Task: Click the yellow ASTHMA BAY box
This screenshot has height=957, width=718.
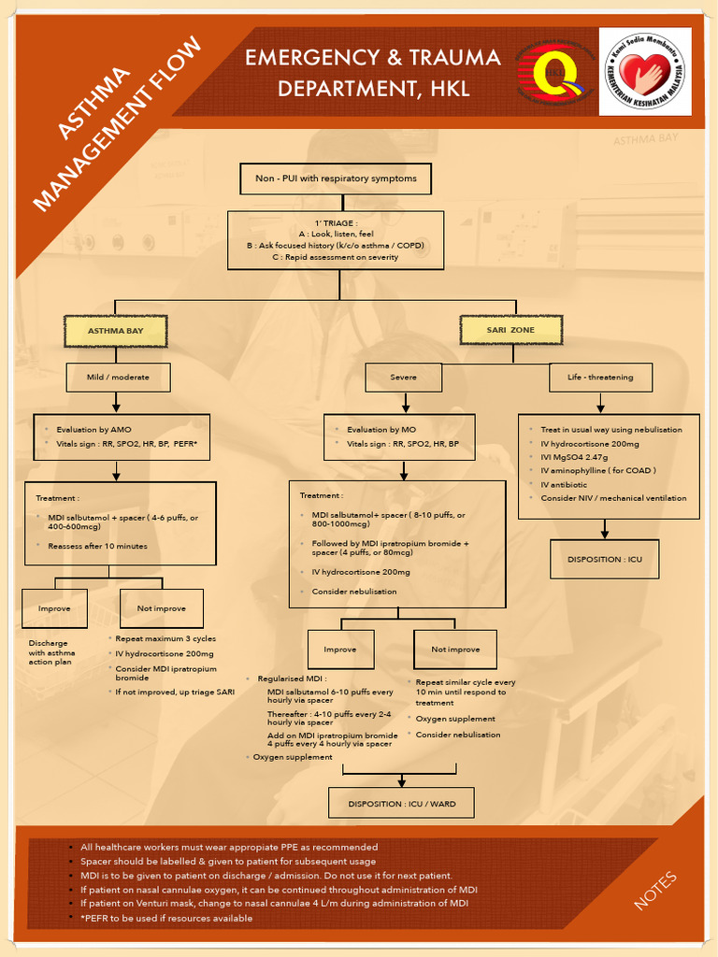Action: click(115, 331)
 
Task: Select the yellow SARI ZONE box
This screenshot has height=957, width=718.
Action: click(510, 330)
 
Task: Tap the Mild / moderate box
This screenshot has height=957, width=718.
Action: click(118, 377)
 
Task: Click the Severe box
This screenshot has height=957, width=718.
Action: click(404, 377)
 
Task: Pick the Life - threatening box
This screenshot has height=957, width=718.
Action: click(600, 377)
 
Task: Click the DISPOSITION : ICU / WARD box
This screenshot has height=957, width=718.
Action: click(401, 803)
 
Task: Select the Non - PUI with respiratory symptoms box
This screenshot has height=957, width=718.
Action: click(336, 178)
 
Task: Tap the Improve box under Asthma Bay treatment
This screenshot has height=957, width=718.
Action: click(54, 608)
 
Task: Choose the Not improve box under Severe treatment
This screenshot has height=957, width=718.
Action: click(455, 649)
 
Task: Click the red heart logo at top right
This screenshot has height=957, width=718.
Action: click(645, 71)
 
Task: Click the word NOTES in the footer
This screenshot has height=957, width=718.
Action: click(655, 890)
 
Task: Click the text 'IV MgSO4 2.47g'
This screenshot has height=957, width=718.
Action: click(574, 457)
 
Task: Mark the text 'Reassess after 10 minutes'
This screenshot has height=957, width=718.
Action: click(97, 546)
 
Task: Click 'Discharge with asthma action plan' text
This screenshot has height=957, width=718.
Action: click(52, 652)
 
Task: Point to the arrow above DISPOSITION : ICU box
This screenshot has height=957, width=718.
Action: click(604, 528)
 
